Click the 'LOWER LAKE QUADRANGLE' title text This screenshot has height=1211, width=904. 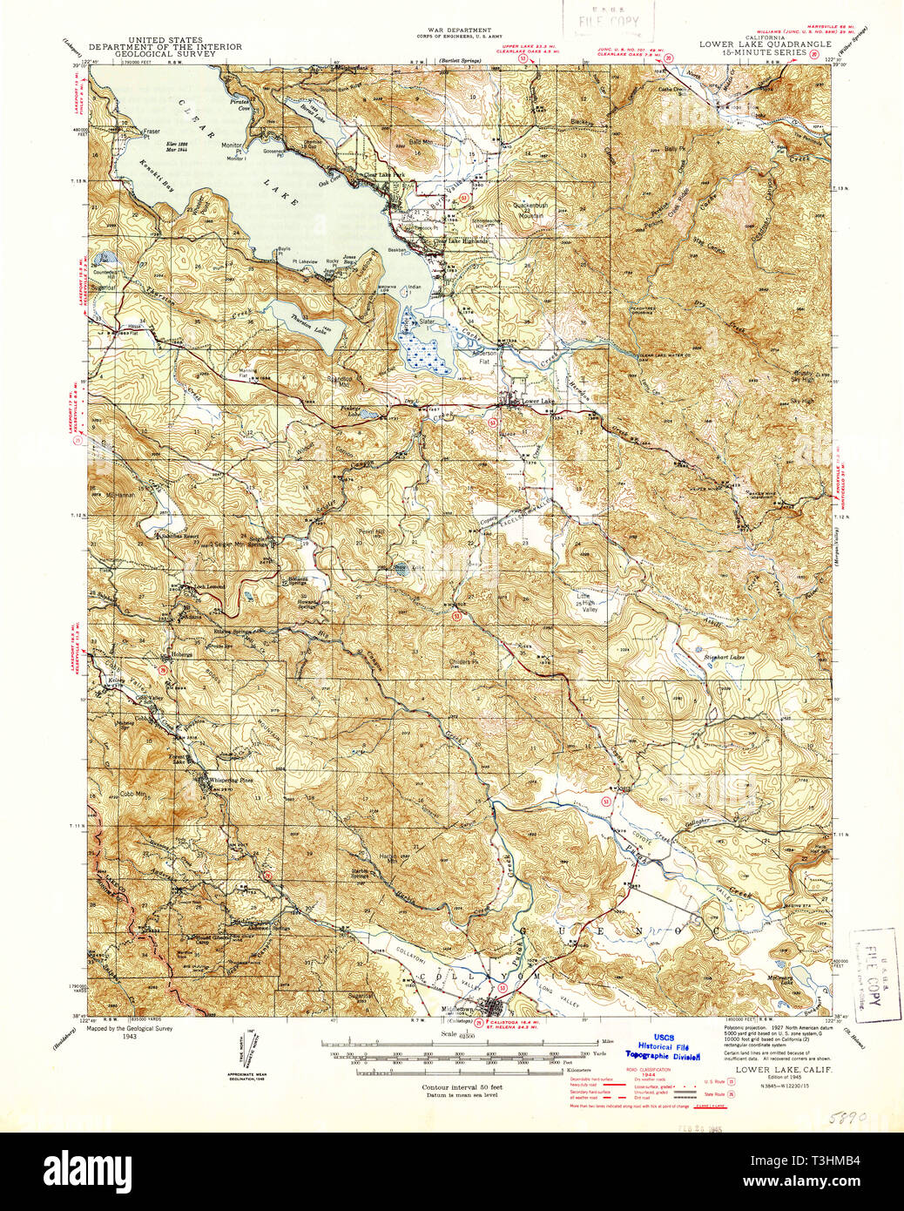click(765, 44)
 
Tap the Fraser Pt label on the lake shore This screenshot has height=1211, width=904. click(153, 132)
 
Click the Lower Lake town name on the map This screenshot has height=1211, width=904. click(537, 401)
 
